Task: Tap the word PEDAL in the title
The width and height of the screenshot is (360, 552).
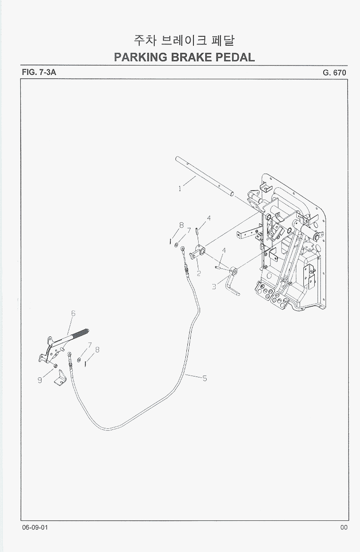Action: pyautogui.click(x=235, y=57)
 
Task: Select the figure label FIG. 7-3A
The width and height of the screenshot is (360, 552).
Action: pyautogui.click(x=39, y=72)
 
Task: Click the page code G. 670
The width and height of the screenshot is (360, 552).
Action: pyautogui.click(x=335, y=73)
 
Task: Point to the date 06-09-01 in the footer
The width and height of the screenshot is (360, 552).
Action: pyautogui.click(x=35, y=527)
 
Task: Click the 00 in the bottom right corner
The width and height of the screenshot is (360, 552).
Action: pyautogui.click(x=344, y=527)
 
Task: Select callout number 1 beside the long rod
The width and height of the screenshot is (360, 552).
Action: pyautogui.click(x=180, y=189)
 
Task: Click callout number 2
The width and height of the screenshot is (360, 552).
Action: pyautogui.click(x=199, y=273)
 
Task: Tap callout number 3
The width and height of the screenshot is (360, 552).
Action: pyautogui.click(x=214, y=286)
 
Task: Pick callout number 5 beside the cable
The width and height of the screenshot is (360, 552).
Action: pyautogui.click(x=204, y=379)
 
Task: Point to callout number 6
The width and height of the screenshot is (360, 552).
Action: pyautogui.click(x=73, y=313)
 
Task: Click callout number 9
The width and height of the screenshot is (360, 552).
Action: pyautogui.click(x=40, y=380)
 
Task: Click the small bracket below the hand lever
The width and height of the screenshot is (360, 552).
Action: pyautogui.click(x=60, y=378)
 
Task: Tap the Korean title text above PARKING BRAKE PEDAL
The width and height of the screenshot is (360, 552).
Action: pyautogui.click(x=184, y=41)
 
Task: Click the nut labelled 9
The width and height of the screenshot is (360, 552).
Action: pyautogui.click(x=55, y=366)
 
